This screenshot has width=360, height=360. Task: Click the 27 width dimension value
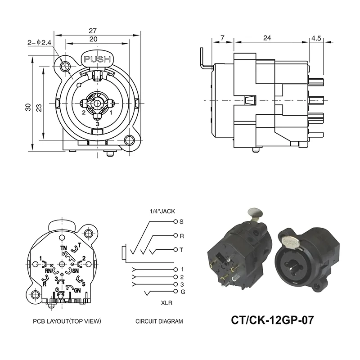[x=92, y=31]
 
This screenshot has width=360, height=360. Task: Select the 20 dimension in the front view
[x=93, y=39]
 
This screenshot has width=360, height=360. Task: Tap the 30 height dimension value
[x=28, y=107]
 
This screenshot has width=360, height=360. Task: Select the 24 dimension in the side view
[x=266, y=39]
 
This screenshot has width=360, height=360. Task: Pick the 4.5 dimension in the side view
[x=316, y=39]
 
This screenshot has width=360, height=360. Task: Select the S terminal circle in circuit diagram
[x=175, y=221]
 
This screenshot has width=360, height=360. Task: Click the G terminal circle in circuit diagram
[x=175, y=293]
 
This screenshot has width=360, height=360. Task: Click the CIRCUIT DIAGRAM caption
[x=159, y=322]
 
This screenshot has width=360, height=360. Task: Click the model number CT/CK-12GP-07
[x=272, y=320]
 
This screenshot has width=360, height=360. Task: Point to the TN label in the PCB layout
[x=63, y=248]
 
